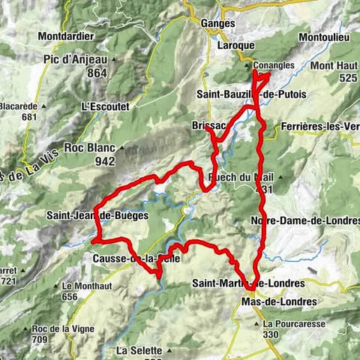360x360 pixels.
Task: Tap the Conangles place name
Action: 274,65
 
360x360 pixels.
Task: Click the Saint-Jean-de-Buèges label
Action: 91,216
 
